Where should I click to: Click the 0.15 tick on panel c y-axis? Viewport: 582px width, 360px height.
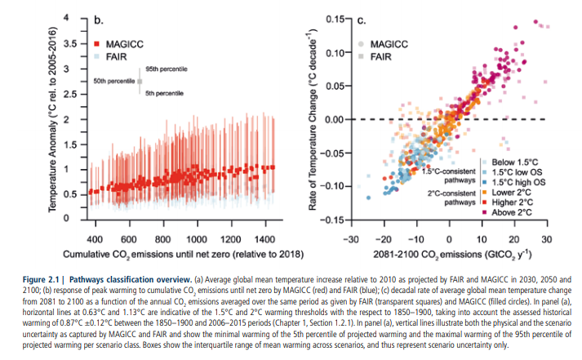(328, 19)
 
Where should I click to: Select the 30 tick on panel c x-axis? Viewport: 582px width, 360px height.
(547, 238)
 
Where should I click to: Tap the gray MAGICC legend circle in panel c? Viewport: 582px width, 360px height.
(359, 42)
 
